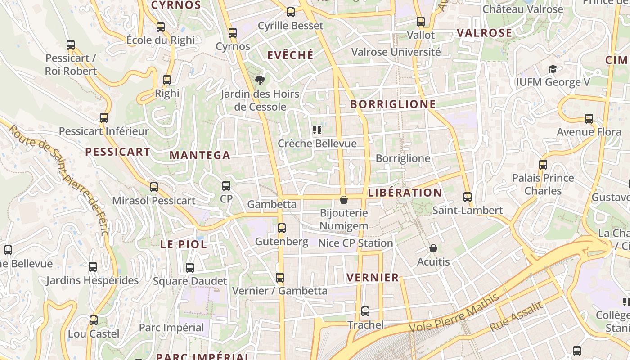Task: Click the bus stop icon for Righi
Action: [x=167, y=80]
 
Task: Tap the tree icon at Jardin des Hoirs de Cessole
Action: [x=260, y=81]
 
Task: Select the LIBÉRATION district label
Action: [x=405, y=193]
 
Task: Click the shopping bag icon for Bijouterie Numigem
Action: [x=344, y=200]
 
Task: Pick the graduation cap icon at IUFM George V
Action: [x=553, y=69]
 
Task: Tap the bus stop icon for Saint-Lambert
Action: [x=468, y=197]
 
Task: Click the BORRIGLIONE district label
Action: [x=393, y=104]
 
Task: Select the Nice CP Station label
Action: [x=355, y=243]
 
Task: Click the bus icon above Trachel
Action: [x=365, y=311]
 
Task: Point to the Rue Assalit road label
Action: [x=516, y=316]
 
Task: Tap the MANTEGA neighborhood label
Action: [x=200, y=156]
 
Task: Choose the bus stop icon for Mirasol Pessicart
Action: [x=154, y=187]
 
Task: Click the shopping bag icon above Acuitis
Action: [x=433, y=248]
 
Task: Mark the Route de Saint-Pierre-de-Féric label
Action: [x=59, y=180]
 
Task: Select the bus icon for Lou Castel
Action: [x=94, y=320]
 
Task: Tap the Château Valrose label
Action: [x=523, y=9]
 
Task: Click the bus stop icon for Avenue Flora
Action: [x=589, y=119]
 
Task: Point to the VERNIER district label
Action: [x=373, y=278]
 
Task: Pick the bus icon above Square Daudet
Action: [x=190, y=268]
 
